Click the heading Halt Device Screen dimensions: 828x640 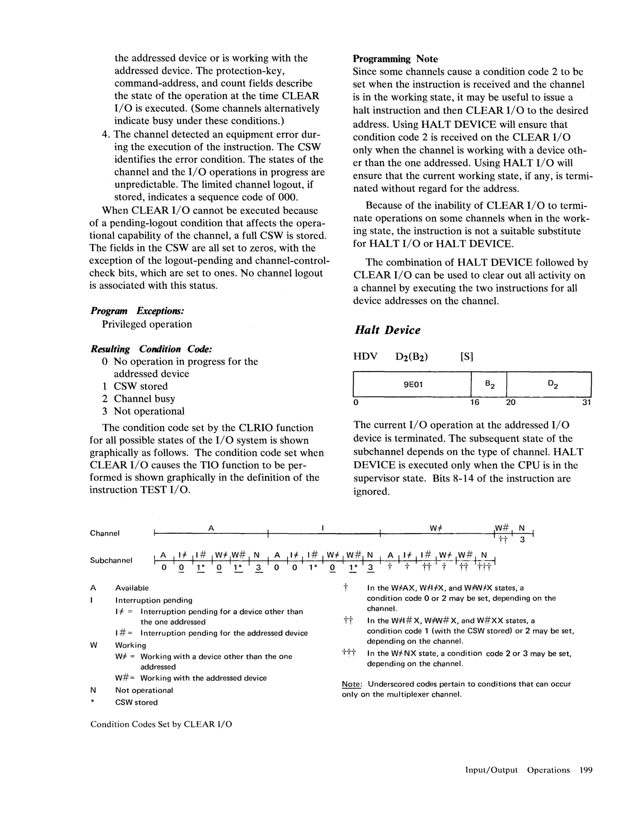pyautogui.click(x=387, y=330)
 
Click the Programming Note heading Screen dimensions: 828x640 pyautogui.click(x=395, y=59)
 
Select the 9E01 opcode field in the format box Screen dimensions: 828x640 pyautogui.click(x=413, y=384)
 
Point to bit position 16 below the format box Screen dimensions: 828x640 pyautogui.click(x=475, y=402)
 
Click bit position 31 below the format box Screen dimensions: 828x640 pyautogui.click(x=586, y=402)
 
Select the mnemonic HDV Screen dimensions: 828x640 pyautogui.click(x=365, y=356)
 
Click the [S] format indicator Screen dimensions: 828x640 pyautogui.click(x=466, y=356)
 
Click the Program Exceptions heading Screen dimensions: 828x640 pyautogui.click(x=137, y=311)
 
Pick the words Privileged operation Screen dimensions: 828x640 pyautogui.click(x=147, y=324)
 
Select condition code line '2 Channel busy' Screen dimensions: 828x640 pyautogui.click(x=138, y=398)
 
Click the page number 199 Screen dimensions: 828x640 pyautogui.click(x=586, y=770)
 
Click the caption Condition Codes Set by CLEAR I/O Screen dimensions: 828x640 pyautogui.click(x=161, y=724)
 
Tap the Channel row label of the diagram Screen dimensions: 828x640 pyautogui.click(x=105, y=533)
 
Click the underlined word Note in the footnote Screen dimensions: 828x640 pyautogui.click(x=352, y=684)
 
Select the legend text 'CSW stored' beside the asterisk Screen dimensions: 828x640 pyautogui.click(x=136, y=702)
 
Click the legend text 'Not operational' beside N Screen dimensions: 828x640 pyautogui.click(x=144, y=690)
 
